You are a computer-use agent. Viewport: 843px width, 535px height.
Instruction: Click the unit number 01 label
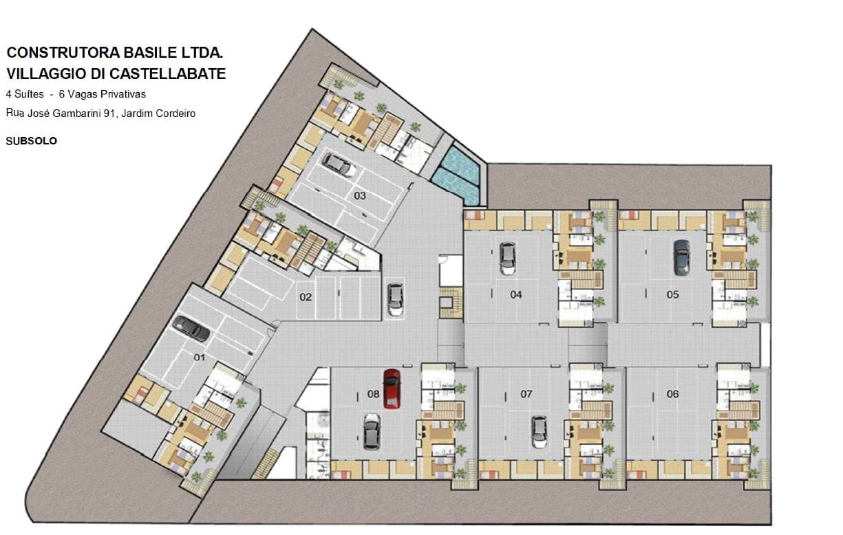200,358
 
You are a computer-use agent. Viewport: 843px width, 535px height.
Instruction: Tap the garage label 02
306,297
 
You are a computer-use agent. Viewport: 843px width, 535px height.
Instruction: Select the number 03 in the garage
360,195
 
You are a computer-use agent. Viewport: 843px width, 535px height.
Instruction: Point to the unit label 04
516,294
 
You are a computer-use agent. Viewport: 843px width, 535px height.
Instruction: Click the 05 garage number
672,294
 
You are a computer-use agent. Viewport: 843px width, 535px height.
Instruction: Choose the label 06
672,394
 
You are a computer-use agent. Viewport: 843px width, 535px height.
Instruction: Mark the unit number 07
526,394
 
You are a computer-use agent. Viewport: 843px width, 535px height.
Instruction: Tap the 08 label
373,394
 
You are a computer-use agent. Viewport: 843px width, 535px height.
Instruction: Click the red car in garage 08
392,389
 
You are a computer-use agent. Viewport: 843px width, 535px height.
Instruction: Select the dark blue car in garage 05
681,256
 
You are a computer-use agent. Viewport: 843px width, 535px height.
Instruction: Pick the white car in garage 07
539,431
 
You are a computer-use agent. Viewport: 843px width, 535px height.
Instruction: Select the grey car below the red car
371,430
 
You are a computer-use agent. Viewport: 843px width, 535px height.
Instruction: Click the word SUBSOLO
31,141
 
